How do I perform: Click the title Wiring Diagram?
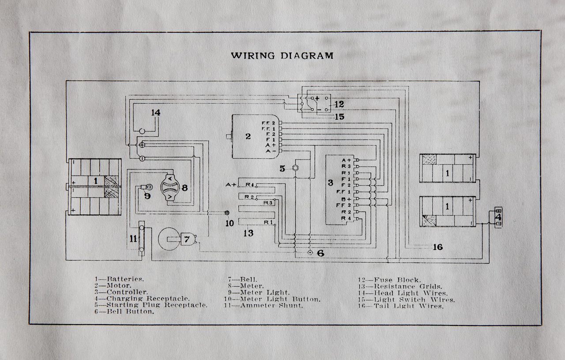coord(282,56)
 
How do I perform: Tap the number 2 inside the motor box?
coord(248,136)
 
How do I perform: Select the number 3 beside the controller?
coord(330,183)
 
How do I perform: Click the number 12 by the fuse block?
coord(339,105)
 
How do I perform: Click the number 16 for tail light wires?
coord(437,247)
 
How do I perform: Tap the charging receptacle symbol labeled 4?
coord(498,218)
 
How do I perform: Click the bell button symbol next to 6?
coord(310,253)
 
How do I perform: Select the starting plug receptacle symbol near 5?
coord(296,168)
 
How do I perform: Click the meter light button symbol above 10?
coord(228,212)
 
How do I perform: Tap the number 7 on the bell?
coord(187,239)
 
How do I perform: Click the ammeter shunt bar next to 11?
coord(141,238)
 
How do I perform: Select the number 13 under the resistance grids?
coord(249,233)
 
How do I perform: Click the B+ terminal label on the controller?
coord(346,199)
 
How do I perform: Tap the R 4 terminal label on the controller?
coord(346,218)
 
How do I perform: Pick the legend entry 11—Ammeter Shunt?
coord(265,305)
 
